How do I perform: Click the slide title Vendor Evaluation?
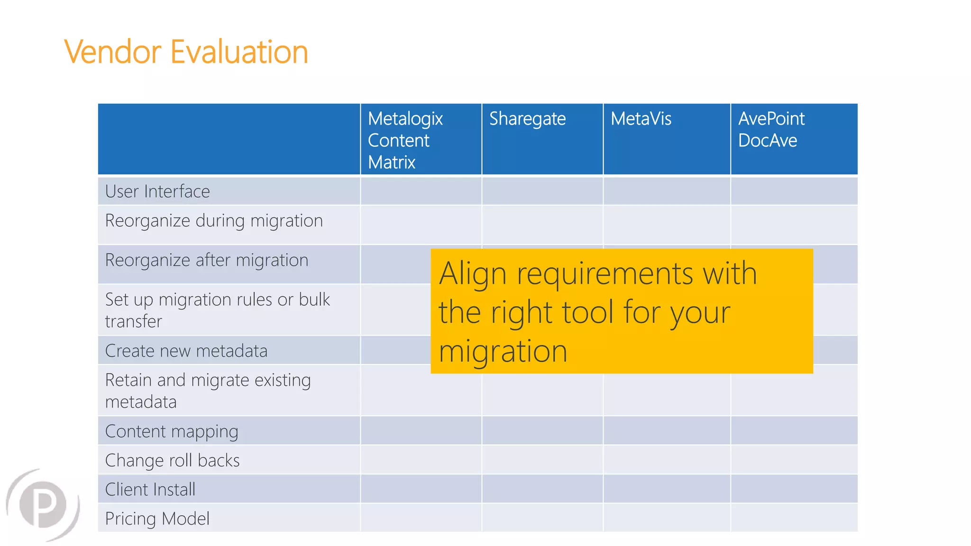pos(186,52)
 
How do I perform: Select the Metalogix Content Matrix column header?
pos(405,140)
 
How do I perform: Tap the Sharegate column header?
pos(527,118)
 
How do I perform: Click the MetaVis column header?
pos(641,118)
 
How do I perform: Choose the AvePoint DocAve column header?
pos(771,129)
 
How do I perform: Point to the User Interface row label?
pos(157,191)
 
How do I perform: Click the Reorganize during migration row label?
pos(214,221)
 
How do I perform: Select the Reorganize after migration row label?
pos(207,260)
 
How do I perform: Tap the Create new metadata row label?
pos(186,351)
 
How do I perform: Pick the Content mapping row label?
pos(172,431)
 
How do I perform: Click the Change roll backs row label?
pos(172,460)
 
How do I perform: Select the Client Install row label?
pos(150,489)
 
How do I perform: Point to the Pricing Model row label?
pos(157,519)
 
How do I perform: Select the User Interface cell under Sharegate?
pos(542,191)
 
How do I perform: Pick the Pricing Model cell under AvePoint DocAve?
pos(794,518)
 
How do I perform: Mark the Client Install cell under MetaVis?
pos(667,489)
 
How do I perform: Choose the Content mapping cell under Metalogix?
pos(421,431)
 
